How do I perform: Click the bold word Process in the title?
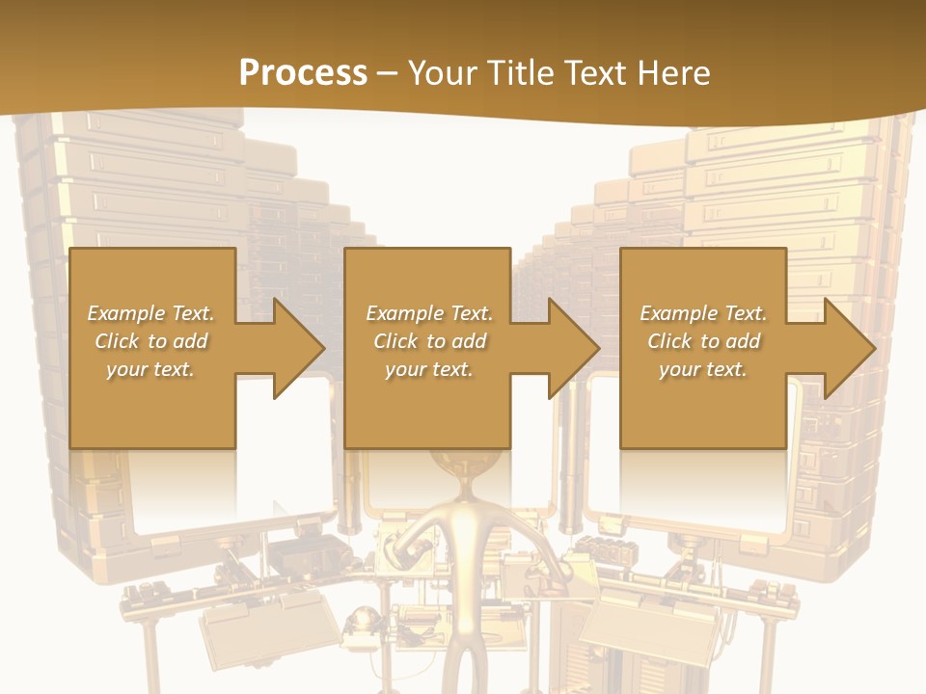[303, 72]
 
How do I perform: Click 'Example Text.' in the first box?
[151, 313]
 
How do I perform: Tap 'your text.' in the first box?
[151, 369]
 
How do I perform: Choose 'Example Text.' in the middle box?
[429, 313]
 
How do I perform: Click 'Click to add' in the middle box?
[429, 341]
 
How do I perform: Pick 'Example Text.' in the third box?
[703, 313]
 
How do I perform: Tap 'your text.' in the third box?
[703, 369]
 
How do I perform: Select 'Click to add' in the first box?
[151, 341]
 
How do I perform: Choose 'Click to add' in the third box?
[703, 341]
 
